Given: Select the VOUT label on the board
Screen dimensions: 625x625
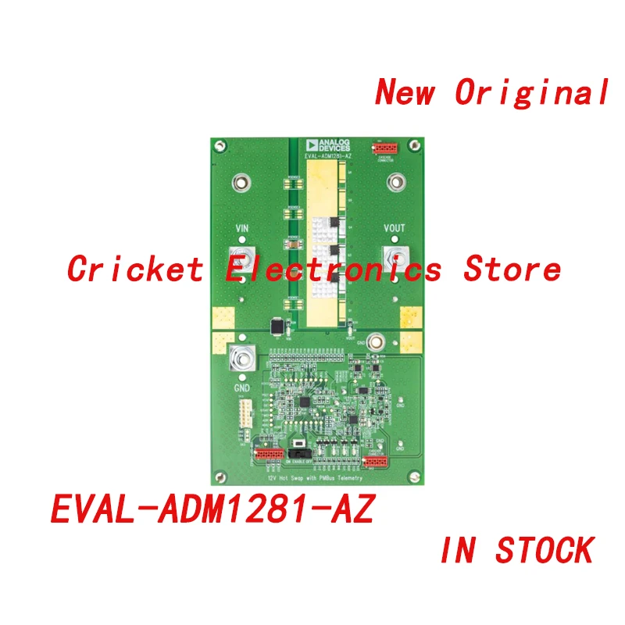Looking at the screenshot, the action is (395, 229).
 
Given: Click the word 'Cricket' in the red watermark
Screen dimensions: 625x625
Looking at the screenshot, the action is (135, 270).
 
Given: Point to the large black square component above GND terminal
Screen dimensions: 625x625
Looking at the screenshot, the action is (275, 327).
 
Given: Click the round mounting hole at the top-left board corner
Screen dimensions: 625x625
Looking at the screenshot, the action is (220, 145).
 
